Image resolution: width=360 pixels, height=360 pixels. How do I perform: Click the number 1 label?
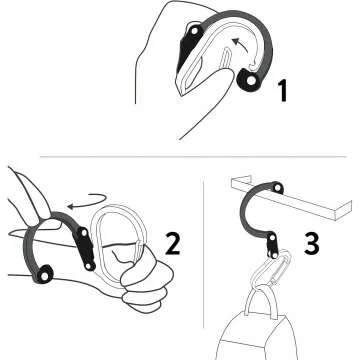(283, 92)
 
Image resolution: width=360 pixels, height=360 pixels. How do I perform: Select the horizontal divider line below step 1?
(180, 156)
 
